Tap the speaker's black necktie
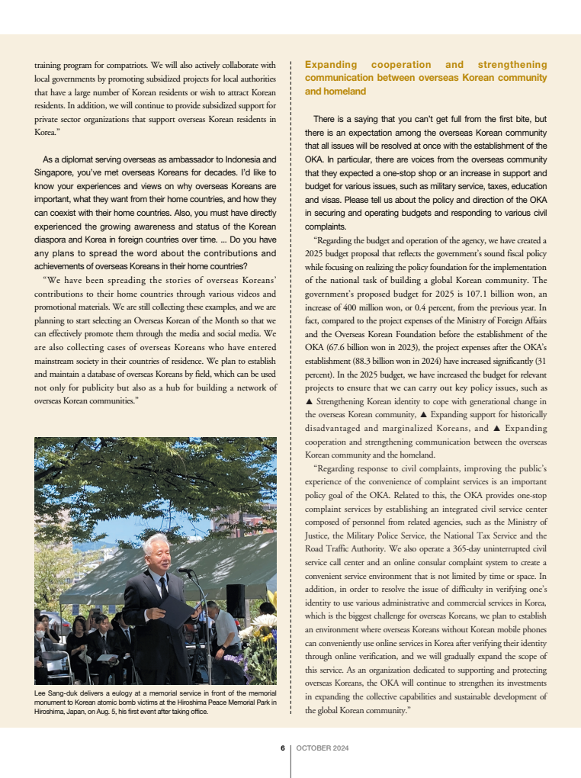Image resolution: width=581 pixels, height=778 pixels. point(163,587)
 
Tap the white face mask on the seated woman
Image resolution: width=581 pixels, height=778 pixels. point(39,633)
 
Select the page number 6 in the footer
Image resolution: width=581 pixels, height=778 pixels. point(282,747)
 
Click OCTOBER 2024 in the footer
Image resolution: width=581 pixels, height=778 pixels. point(323,747)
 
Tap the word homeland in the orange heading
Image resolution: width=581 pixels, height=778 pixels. point(325,91)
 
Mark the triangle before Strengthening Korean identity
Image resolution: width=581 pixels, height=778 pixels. point(309,401)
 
